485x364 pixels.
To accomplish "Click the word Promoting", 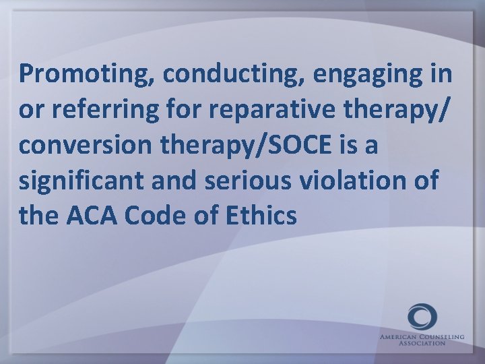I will tap(86, 75).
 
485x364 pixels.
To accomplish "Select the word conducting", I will tap(232, 75).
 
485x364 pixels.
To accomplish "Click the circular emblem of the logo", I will tap(422, 317).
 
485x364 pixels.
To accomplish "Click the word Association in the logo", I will tap(422, 342).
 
